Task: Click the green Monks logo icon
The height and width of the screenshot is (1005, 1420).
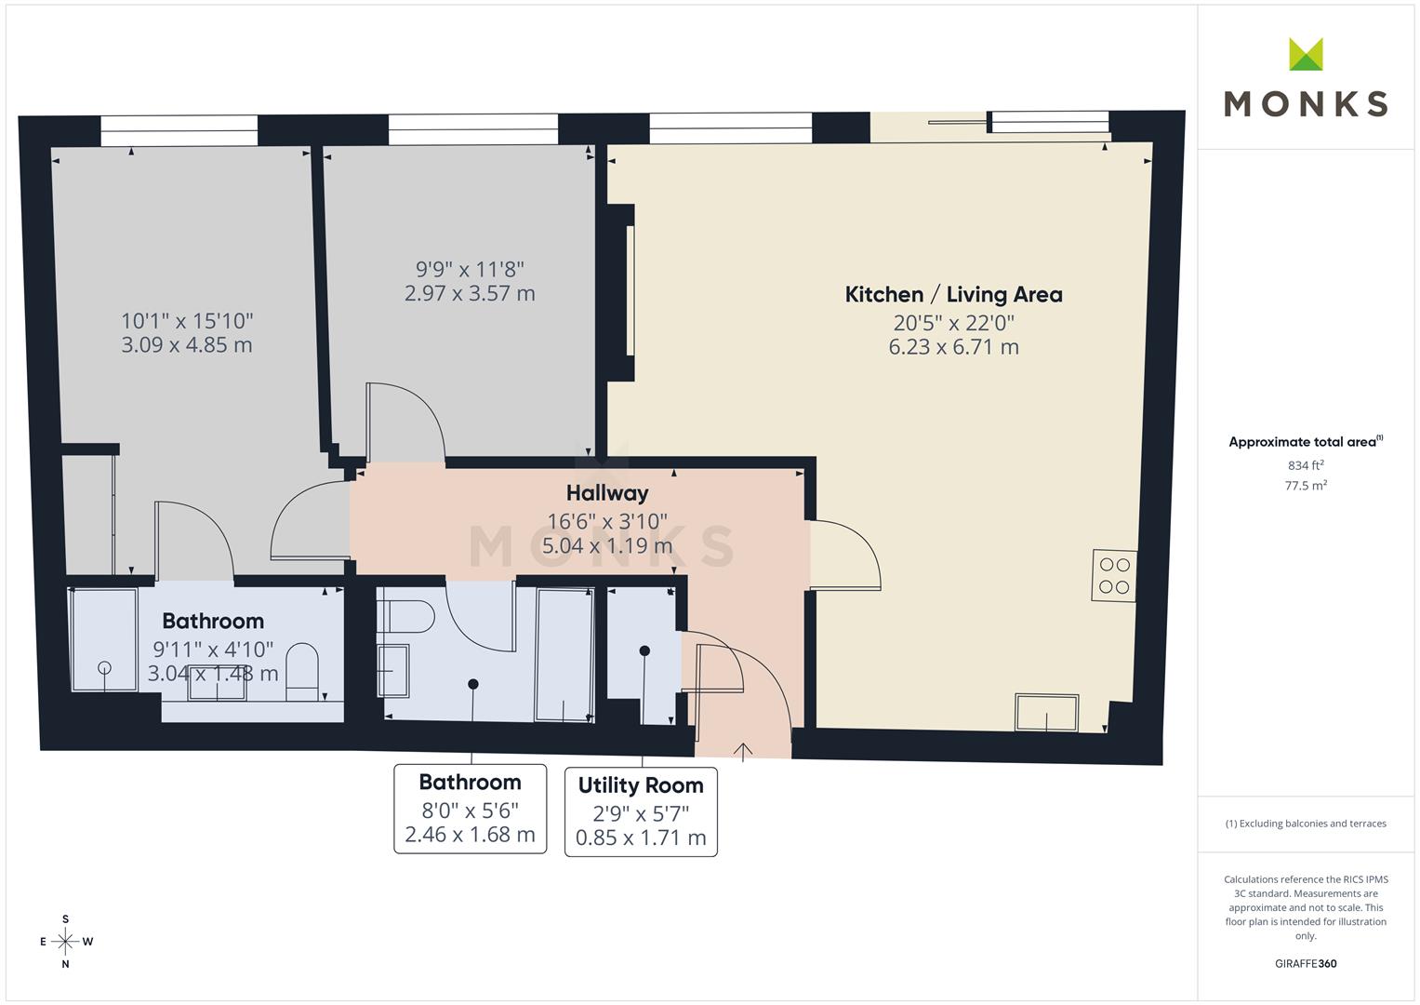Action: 1306,54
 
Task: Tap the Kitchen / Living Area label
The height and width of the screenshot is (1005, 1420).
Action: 953,294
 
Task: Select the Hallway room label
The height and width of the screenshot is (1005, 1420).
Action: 607,493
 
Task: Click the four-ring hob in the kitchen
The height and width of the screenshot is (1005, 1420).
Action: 1114,575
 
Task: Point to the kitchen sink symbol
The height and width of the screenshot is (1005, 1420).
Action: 1046,713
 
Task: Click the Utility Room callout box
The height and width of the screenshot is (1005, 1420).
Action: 641,811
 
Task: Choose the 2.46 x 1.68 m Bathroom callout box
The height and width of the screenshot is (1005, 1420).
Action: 470,809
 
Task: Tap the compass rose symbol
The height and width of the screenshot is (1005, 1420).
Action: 65,942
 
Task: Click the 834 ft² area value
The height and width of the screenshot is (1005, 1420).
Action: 1306,465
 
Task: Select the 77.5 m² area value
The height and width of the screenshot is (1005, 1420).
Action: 1306,486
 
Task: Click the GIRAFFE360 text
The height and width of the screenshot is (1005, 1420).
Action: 1306,963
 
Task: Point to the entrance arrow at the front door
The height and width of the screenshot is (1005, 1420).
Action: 743,751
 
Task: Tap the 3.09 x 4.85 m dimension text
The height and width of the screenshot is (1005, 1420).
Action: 186,344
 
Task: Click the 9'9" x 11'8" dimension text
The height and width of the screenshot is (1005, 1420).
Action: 470,269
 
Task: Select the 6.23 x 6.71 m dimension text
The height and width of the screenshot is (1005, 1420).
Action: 953,347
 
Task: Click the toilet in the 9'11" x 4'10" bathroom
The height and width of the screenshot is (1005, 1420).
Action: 301,671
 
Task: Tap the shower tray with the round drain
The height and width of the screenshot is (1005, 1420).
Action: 104,639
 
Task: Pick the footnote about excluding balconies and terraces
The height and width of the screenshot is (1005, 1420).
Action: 1306,824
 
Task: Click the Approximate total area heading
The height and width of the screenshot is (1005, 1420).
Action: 1306,442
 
